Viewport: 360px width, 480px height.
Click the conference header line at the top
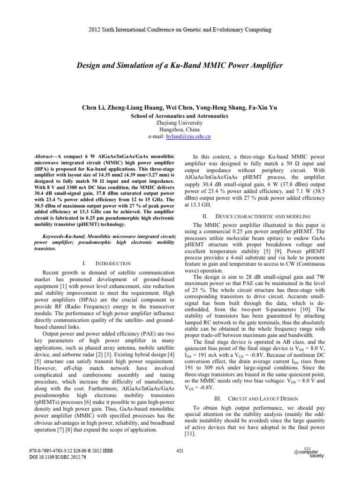click(x=180, y=30)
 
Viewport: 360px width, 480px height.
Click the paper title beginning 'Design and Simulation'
click(x=180, y=65)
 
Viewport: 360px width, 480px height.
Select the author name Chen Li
click(x=94, y=108)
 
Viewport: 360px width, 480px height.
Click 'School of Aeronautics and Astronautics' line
click(x=180, y=115)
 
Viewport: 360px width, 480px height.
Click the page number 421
click(x=180, y=451)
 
